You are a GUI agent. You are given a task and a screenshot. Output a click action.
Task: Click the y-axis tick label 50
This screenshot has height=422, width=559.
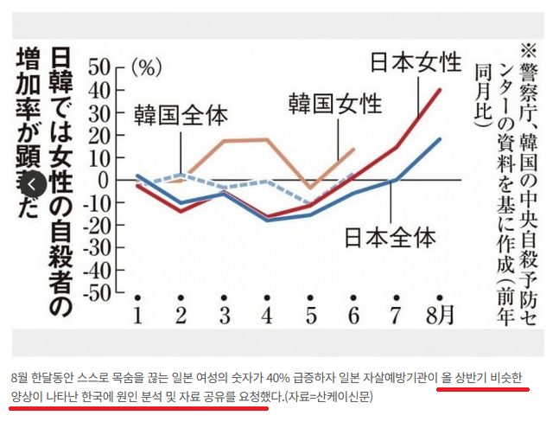[x=100, y=67]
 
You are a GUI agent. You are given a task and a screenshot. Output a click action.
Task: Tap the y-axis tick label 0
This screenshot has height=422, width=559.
[x=107, y=181]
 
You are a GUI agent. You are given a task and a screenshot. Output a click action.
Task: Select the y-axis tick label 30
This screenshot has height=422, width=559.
[x=100, y=112]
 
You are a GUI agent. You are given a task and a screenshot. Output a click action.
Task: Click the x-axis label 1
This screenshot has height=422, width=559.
[x=137, y=313]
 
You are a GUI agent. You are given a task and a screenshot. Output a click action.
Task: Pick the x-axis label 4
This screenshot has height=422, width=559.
[x=266, y=313]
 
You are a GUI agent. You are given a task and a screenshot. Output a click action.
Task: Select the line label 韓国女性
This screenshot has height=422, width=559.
[x=335, y=104]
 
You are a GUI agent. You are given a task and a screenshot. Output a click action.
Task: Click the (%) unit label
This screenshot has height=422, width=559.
[x=148, y=67]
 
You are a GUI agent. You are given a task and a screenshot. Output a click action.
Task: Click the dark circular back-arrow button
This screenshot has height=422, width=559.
[x=31, y=184]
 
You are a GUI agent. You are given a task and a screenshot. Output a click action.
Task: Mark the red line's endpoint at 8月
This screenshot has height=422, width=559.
[x=441, y=90]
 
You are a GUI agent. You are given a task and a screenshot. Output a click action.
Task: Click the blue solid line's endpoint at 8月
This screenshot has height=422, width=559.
[x=441, y=138]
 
